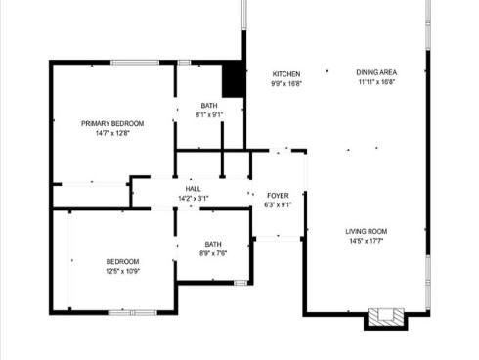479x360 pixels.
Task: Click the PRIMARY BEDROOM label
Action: (x=112, y=123)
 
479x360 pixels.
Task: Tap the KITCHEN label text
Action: (x=286, y=74)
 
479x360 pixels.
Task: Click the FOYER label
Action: (x=279, y=196)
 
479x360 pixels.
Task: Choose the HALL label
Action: (x=193, y=189)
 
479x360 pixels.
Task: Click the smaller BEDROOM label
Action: (x=122, y=261)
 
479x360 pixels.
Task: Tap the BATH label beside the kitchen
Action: (x=209, y=105)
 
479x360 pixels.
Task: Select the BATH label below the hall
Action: (x=213, y=245)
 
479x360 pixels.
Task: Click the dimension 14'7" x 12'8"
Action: (x=112, y=133)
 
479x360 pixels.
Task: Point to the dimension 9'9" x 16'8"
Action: (x=286, y=84)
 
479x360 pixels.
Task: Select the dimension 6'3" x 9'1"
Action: (x=279, y=205)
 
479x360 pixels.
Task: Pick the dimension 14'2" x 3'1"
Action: (x=193, y=199)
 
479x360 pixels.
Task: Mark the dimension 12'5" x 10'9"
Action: (x=122, y=271)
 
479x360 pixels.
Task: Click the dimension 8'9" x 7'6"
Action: (x=213, y=254)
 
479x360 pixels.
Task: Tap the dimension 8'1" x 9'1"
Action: (x=209, y=114)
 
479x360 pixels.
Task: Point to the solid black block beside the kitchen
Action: (x=233, y=79)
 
